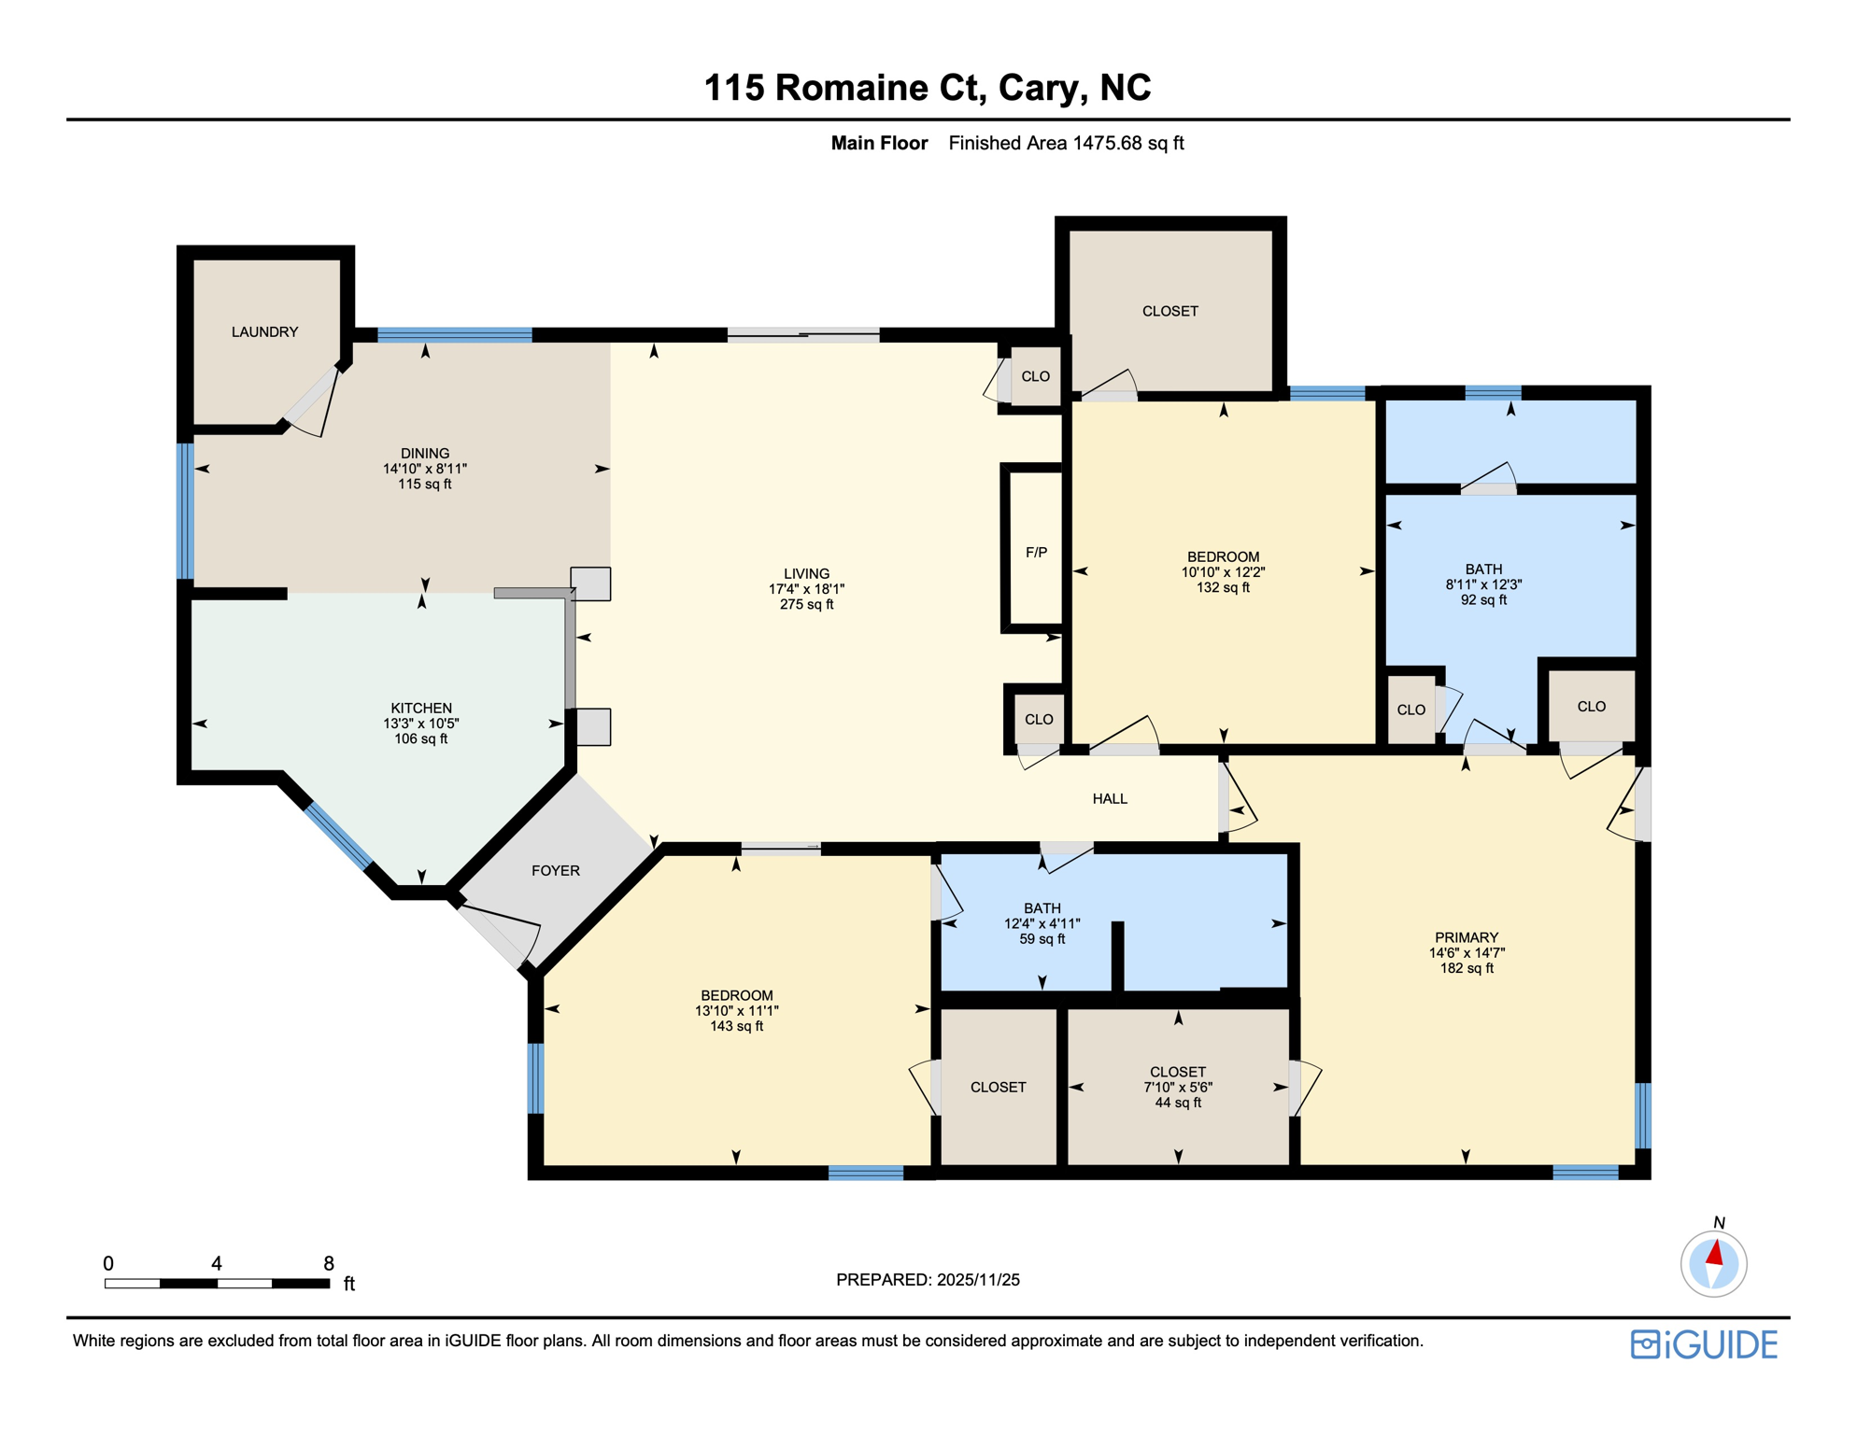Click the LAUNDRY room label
264,331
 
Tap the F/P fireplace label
1036,553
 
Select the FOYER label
556,870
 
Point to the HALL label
1110,798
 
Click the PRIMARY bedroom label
1467,937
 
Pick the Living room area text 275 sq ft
807,604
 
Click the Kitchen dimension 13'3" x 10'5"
421,724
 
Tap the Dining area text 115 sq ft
425,484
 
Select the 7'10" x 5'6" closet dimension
1178,1087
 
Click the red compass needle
1714,1253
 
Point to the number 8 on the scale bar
329,1263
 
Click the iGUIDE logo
1704,1344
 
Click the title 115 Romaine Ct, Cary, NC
928,88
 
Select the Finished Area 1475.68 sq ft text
1066,143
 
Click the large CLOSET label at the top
1169,311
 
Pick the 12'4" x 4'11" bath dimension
1042,923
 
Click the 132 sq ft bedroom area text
1223,587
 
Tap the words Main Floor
880,143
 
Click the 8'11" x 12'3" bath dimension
1483,584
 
